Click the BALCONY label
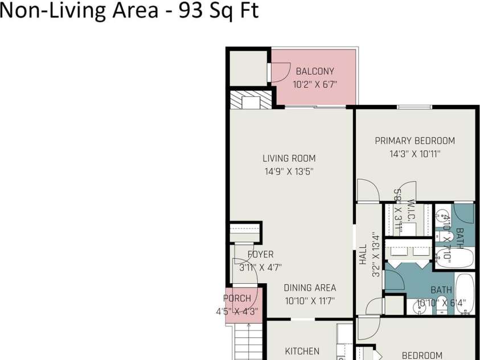coord(315,71)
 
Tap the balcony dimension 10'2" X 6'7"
coord(315,84)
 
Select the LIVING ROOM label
coord(289,158)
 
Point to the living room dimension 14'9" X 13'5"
coord(289,171)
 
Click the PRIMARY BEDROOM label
coord(415,141)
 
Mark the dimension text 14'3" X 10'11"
coord(415,154)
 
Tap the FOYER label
coord(260,255)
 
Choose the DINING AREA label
coord(310,288)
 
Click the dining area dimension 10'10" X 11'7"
coord(310,301)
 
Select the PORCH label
coord(237,298)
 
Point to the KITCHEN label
coord(302,351)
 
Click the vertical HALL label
coord(363,255)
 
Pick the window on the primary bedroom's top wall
coord(414,107)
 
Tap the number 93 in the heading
coord(190,10)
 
